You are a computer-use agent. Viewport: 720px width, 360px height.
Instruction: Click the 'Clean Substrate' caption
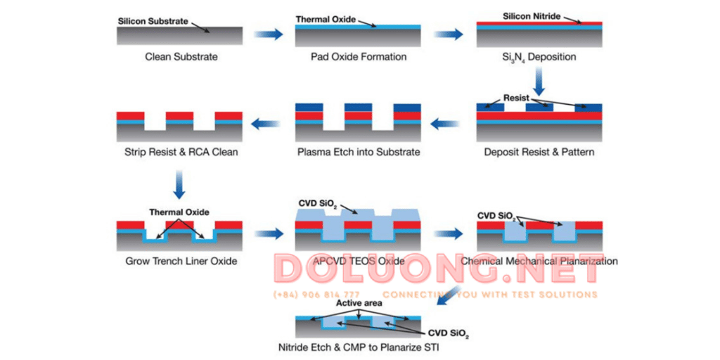point(181,57)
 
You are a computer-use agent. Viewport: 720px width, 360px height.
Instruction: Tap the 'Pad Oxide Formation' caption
point(359,57)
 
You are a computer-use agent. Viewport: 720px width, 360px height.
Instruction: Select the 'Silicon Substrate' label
point(153,21)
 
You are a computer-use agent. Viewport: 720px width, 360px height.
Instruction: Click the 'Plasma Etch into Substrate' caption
point(359,152)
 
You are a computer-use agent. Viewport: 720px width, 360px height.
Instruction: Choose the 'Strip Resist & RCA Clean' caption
point(181,152)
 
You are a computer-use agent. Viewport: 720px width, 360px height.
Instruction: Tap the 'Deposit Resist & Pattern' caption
point(539,152)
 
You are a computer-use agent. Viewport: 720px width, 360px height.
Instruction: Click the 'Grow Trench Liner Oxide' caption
point(180,261)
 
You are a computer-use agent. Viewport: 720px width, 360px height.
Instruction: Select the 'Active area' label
point(359,303)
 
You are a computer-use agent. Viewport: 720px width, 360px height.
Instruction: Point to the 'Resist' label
point(516,98)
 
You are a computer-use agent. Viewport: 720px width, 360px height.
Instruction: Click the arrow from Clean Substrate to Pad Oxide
point(268,34)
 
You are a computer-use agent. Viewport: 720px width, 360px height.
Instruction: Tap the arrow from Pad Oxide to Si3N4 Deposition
point(449,34)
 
